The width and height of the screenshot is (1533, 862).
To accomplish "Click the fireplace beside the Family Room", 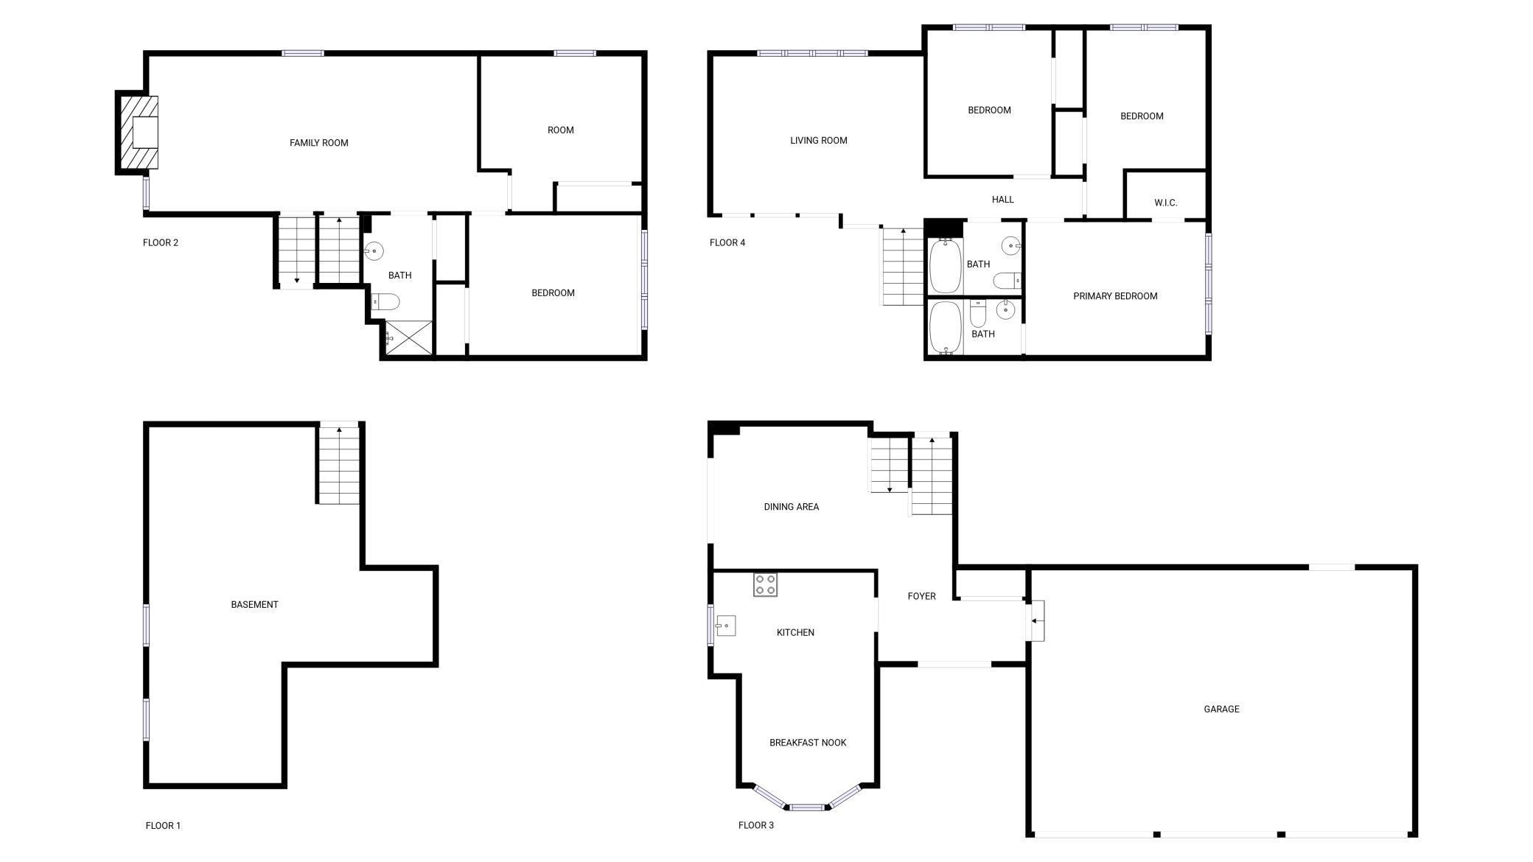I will pyautogui.click(x=139, y=133).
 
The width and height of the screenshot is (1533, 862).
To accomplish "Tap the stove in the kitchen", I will pyautogui.click(x=765, y=584).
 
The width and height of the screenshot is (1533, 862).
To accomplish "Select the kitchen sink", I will pyautogui.click(x=725, y=626).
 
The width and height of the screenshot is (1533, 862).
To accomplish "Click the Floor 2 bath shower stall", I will pyautogui.click(x=408, y=338).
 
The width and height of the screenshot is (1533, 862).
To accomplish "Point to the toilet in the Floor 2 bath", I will pyautogui.click(x=385, y=301).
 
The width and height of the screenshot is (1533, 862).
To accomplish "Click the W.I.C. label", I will pyautogui.click(x=1165, y=203).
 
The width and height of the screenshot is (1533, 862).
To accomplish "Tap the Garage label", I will pyautogui.click(x=1221, y=709).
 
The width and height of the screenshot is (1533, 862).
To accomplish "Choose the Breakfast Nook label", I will pyautogui.click(x=807, y=743).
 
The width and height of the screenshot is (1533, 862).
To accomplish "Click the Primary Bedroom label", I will pyautogui.click(x=1114, y=296).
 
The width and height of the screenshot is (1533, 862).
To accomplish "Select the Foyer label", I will pyautogui.click(x=921, y=596).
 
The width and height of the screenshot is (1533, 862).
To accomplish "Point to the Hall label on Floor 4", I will pyautogui.click(x=1002, y=200).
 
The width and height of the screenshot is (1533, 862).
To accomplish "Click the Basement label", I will pyautogui.click(x=254, y=604).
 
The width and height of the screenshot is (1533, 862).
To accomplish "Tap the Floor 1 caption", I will pyautogui.click(x=163, y=825).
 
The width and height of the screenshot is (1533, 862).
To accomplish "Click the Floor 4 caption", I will pyautogui.click(x=727, y=242).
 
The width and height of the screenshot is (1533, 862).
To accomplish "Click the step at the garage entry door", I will pyautogui.click(x=1036, y=620).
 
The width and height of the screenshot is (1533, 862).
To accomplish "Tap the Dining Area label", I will pyautogui.click(x=791, y=507).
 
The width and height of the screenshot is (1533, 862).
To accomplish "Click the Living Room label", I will pyautogui.click(x=818, y=140).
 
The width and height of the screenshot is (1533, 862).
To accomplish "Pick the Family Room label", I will pyautogui.click(x=318, y=143).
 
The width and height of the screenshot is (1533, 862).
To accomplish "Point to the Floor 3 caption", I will pyautogui.click(x=755, y=825).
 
